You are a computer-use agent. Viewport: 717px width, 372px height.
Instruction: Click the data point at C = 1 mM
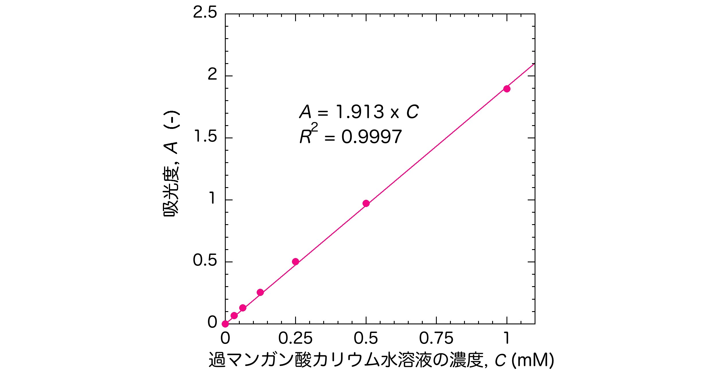click(507, 89)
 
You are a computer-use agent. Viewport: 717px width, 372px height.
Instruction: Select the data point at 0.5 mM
click(366, 204)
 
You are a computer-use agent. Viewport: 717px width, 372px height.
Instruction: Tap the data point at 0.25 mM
click(296, 261)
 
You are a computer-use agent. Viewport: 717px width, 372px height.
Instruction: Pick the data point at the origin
click(225, 324)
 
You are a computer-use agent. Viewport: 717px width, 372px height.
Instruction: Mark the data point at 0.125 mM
click(260, 292)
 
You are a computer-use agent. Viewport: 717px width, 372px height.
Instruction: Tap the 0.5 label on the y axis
click(205, 260)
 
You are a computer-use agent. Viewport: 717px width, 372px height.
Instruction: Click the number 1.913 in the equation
click(360, 112)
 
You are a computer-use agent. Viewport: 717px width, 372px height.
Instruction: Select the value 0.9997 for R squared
click(372, 137)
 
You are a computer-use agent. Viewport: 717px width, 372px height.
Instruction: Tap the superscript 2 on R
click(315, 127)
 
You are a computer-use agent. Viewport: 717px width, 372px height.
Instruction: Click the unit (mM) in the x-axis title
click(533, 360)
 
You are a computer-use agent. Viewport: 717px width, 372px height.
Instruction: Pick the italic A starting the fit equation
click(305, 112)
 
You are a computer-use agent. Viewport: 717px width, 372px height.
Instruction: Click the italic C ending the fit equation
click(413, 112)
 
